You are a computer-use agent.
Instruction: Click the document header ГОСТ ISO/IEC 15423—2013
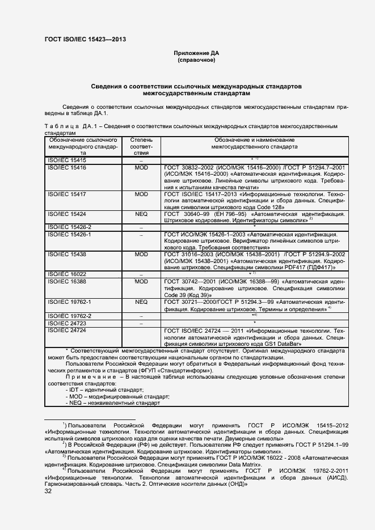tap(85, 39)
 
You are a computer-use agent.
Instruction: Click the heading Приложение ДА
tap(196, 53)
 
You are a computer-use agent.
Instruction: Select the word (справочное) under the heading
tap(196, 60)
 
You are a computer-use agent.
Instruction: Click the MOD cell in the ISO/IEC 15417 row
tap(141, 194)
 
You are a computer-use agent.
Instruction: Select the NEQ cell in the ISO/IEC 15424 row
tap(141, 214)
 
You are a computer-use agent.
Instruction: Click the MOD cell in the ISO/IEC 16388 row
tap(141, 281)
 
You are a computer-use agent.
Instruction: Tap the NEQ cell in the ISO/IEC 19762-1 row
tap(141, 302)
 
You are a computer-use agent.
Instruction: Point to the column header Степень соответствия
tap(141, 146)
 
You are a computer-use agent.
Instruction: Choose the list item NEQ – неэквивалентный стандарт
tap(113, 402)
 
